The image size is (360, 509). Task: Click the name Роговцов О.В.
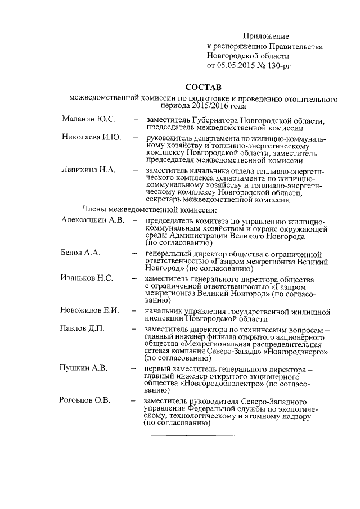pyautogui.click(x=85, y=400)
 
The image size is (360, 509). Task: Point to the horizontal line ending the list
pyautogui.click(x=199, y=435)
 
